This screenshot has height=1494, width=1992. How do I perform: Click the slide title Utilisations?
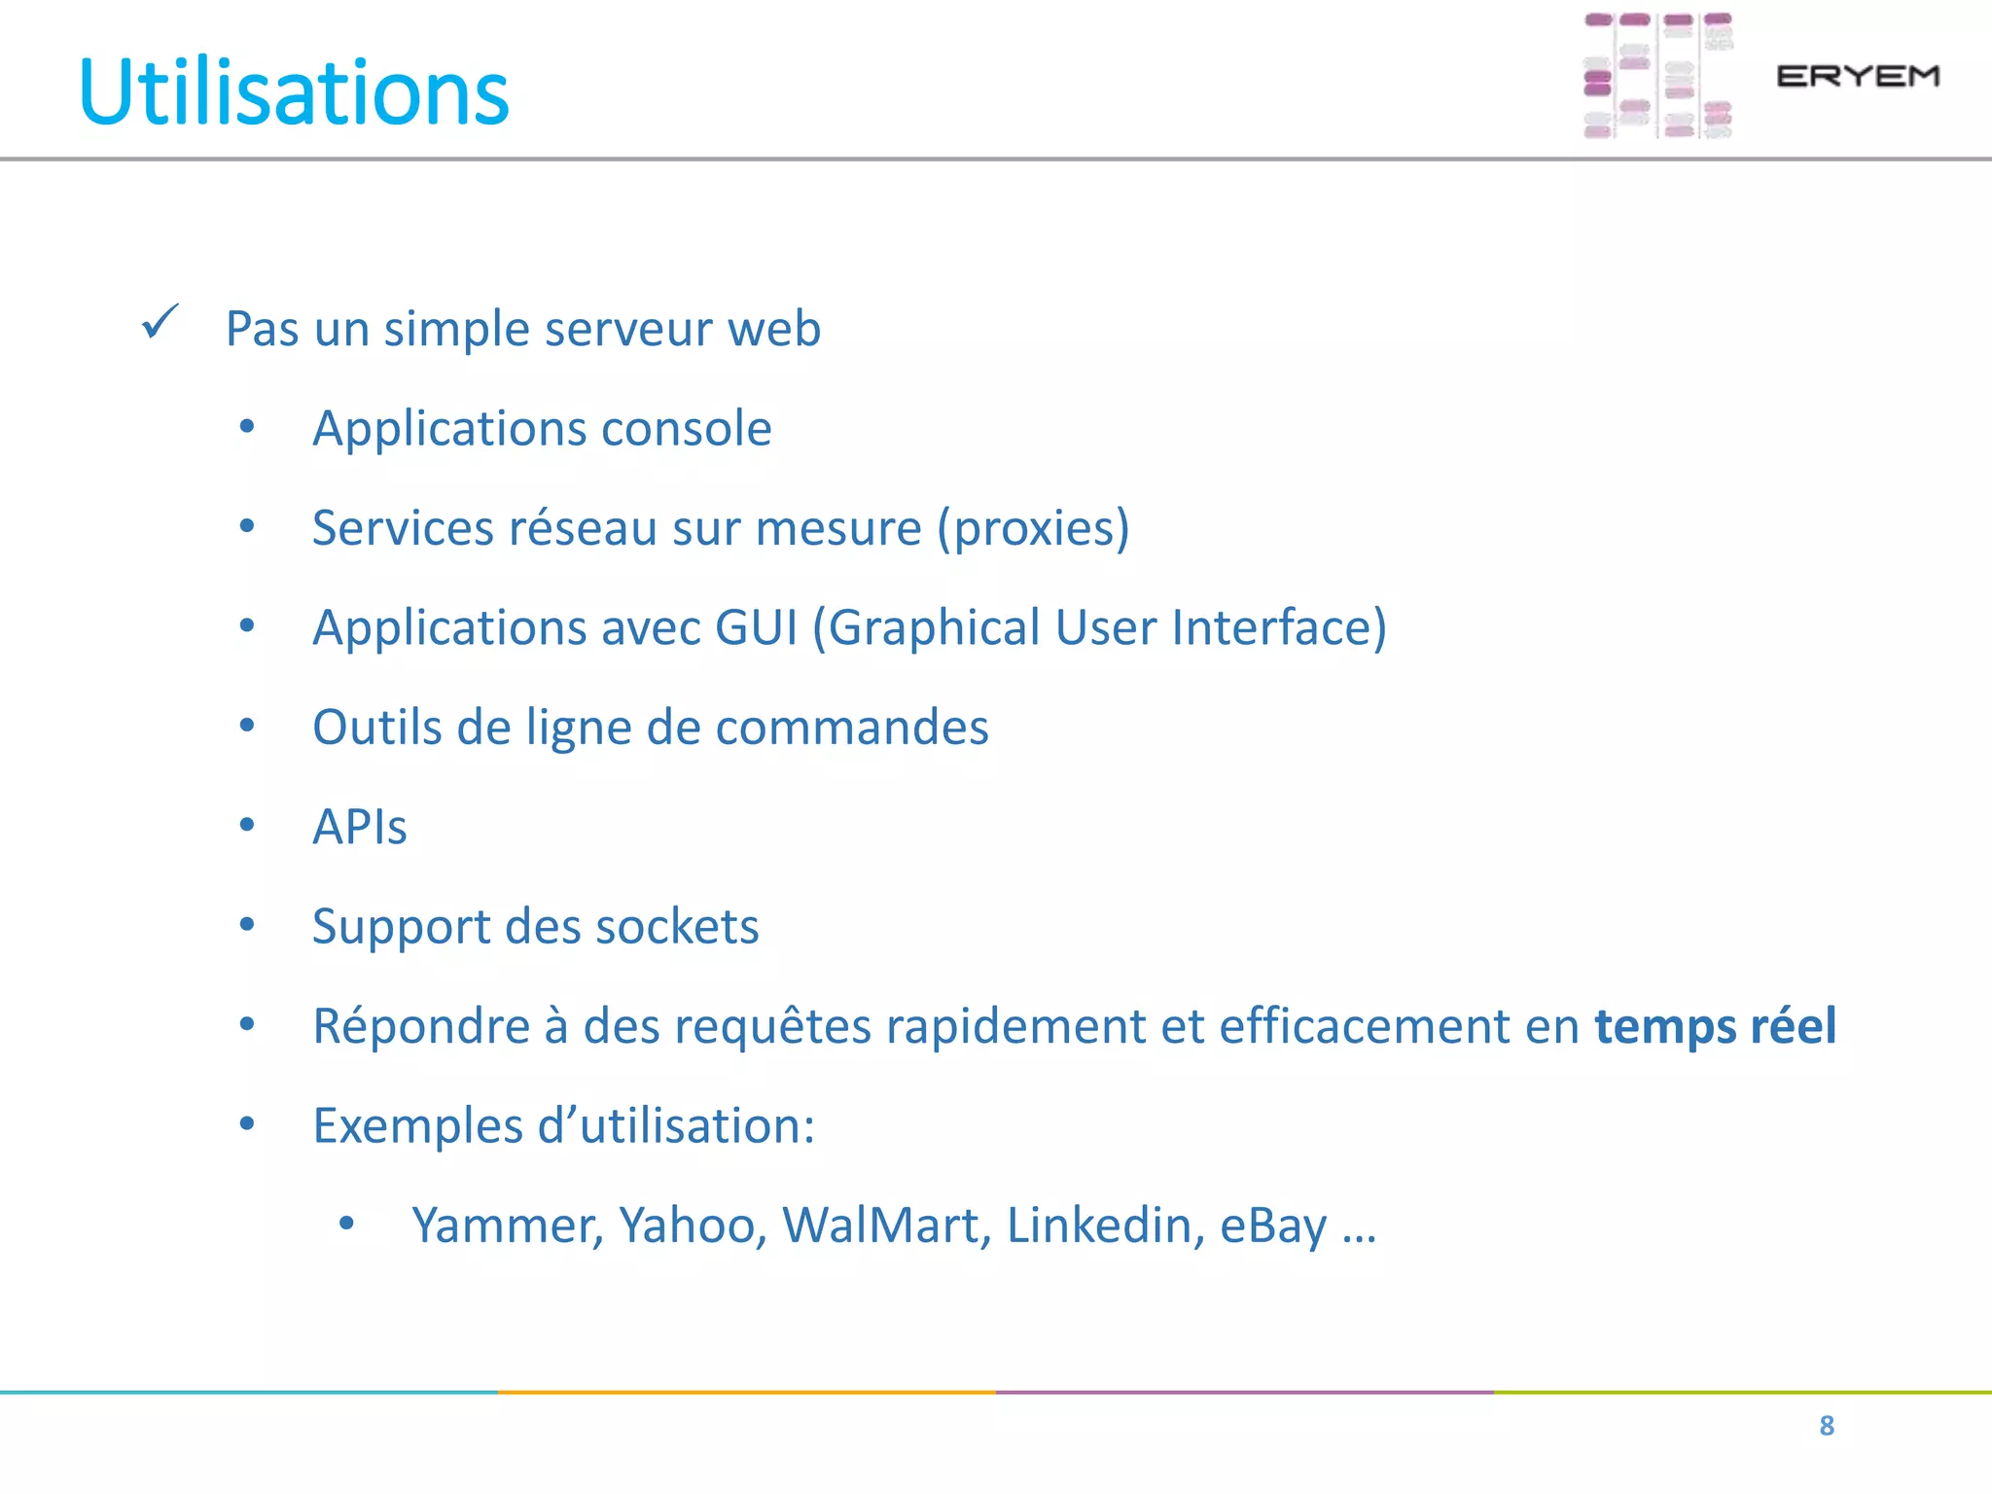coord(294,92)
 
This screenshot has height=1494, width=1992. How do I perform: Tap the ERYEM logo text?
coord(1857,76)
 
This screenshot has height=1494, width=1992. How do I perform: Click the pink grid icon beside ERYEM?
coord(1657,76)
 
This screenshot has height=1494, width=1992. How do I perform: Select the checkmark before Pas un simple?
coord(160,322)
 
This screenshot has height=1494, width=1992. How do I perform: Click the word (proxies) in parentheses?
coord(1033,528)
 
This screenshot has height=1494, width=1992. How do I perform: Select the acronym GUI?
coord(756,627)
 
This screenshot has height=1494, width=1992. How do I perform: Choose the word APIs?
coord(359,828)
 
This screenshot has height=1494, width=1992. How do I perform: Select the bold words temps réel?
coord(1715,1026)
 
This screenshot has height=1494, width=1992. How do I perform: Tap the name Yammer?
coord(507,1226)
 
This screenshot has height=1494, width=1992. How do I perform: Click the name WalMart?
coord(885,1226)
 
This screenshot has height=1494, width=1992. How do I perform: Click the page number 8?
coord(1826,1426)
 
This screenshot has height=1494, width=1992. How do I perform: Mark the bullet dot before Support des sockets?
coord(247,925)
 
